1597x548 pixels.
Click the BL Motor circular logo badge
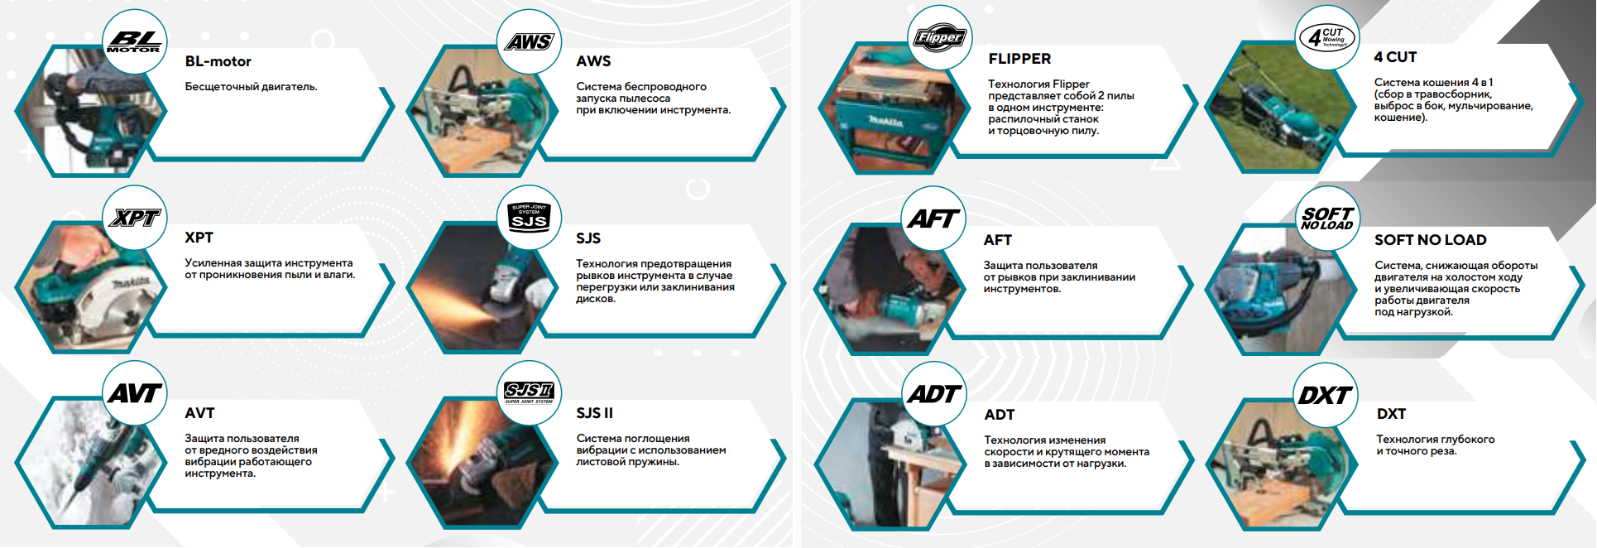(135, 41)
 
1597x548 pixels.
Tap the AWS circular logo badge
(529, 41)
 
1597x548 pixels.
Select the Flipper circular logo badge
(939, 38)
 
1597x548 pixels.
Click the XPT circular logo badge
(135, 218)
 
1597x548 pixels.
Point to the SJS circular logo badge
(529, 218)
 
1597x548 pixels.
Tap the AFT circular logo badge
(933, 219)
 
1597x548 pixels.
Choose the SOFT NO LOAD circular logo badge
(1327, 219)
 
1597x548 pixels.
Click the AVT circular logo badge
(135, 393)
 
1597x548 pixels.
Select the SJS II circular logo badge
(529, 393)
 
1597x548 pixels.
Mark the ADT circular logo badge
(933, 395)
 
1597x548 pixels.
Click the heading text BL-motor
(218, 61)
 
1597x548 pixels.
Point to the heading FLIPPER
(1019, 59)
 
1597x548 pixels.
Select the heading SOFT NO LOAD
(1430, 240)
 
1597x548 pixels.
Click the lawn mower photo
(1274, 108)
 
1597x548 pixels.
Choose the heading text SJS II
(594, 413)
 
